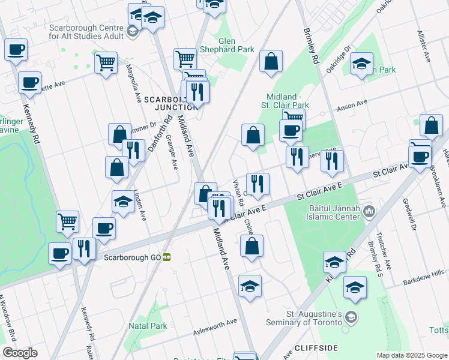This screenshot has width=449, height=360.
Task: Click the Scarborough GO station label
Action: coord(132,257)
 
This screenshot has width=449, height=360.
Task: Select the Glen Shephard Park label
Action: coord(236,45)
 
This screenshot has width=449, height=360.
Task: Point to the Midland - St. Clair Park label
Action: coord(288,101)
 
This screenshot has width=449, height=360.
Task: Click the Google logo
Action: coord(20,353)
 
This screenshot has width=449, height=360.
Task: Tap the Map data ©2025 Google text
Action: coord(411,355)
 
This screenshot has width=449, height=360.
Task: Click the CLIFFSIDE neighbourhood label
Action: coord(316,348)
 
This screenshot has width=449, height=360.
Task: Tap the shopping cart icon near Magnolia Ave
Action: coord(106,61)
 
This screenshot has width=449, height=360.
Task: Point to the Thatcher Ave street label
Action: coord(387,257)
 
